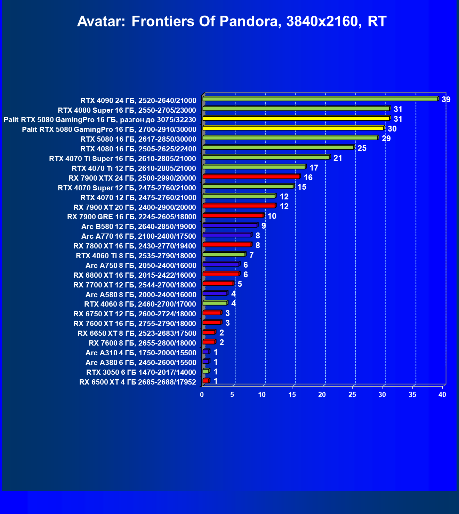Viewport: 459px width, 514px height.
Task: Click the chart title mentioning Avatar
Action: [x=232, y=22]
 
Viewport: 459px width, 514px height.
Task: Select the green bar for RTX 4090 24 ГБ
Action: [x=320, y=99]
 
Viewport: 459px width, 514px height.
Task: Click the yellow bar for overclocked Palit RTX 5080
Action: [x=296, y=119]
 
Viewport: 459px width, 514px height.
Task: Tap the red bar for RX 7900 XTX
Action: [x=251, y=177]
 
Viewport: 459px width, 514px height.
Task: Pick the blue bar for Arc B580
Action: [x=230, y=226]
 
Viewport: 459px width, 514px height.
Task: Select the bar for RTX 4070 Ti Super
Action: [x=266, y=157]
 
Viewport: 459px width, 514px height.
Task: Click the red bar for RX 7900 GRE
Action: [x=233, y=216]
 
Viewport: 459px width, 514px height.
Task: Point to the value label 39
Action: [x=446, y=100]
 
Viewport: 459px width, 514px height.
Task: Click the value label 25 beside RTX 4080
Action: [x=362, y=149]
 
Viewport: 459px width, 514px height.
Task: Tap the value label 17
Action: [x=314, y=168]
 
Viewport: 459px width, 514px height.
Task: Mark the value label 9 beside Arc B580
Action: [x=264, y=226]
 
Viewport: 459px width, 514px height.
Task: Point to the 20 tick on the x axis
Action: [x=322, y=395]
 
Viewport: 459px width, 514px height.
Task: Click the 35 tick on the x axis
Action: [x=412, y=395]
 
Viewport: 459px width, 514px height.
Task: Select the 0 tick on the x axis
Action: [x=202, y=395]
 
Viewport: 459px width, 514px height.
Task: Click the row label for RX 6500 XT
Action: [x=138, y=382]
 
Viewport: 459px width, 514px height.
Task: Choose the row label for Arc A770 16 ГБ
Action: [x=139, y=236]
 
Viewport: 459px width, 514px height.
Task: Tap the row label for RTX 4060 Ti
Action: [x=136, y=256]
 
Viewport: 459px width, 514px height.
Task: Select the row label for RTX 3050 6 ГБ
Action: [x=141, y=372]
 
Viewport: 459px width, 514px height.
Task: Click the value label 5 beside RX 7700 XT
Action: [x=240, y=284]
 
